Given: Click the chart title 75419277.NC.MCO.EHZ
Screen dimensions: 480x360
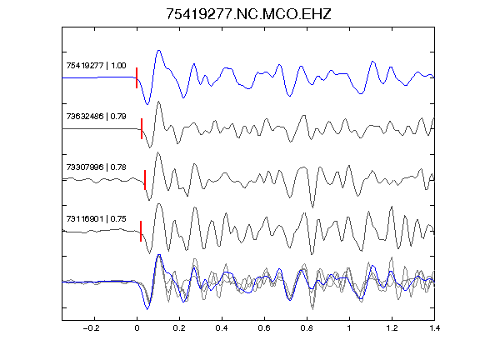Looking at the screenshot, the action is click(248, 14).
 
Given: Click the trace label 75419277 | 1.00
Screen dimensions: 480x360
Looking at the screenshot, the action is click(96, 66).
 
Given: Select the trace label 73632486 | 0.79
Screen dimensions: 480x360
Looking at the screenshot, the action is click(96, 117).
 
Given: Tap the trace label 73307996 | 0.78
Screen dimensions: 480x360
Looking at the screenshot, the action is click(96, 167).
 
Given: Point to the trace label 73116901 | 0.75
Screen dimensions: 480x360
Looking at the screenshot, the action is click(96, 219).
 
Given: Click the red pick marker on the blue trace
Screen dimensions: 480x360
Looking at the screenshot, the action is click(137, 77).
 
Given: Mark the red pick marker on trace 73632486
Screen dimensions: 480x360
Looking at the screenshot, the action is click(142, 128).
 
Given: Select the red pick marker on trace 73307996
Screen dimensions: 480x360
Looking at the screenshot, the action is click(145, 180).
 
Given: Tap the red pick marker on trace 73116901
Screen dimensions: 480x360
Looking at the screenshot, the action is click(141, 231).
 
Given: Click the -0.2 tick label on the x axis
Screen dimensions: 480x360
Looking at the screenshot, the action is click(92, 328).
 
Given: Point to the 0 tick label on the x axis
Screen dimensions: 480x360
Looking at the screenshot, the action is click(137, 328).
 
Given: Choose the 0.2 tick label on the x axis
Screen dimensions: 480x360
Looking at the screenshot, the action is click(179, 328).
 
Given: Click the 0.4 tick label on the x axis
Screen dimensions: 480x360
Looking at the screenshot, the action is click(222, 328).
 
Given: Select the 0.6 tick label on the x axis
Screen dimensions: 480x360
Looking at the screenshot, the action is click(264, 328).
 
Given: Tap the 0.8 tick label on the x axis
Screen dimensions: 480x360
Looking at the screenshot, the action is click(307, 328).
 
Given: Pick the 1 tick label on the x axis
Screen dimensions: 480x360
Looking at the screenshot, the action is click(349, 328).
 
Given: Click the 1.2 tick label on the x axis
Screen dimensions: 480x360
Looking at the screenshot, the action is click(392, 328).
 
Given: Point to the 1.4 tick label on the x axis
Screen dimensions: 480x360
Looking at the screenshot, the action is click(434, 328).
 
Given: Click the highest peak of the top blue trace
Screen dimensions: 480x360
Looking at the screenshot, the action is click(159, 51).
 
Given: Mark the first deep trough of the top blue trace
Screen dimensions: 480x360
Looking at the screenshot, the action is click(147, 104).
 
